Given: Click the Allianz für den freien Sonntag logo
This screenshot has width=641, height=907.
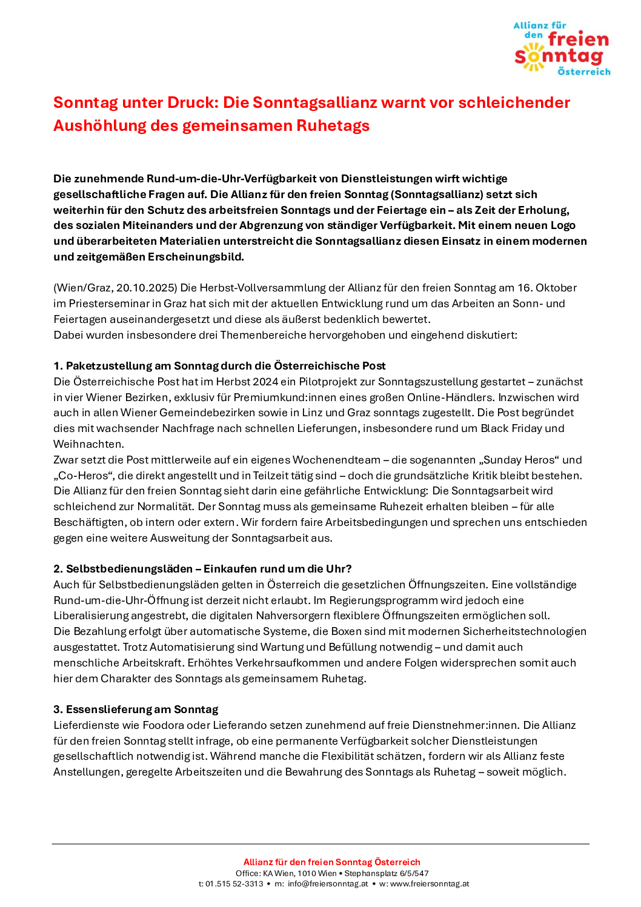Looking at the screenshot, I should (562, 48).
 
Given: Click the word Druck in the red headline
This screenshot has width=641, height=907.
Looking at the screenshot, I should (193, 102).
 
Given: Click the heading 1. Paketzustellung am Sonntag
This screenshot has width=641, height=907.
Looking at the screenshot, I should (219, 366).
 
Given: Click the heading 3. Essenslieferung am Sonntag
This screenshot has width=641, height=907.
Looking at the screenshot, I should (136, 709).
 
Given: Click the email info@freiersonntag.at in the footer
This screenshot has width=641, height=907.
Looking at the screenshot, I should (328, 884).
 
